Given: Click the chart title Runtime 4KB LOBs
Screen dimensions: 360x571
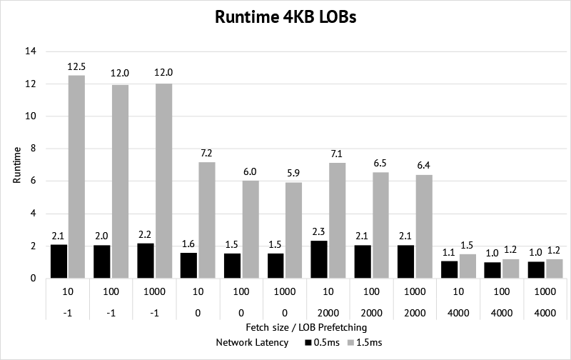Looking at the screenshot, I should [x=285, y=18].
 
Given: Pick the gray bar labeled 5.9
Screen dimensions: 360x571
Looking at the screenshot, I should [x=294, y=230].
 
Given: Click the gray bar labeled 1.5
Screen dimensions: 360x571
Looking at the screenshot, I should [x=468, y=266].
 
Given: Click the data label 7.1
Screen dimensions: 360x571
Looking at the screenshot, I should [x=337, y=154].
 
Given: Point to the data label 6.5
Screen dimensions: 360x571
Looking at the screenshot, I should [x=380, y=164].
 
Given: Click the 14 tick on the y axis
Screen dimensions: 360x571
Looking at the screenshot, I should [x=30, y=51].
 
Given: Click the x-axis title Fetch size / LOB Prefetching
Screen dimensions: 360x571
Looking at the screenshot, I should [x=285, y=326].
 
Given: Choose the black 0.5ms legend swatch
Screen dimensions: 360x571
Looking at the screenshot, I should [x=308, y=343].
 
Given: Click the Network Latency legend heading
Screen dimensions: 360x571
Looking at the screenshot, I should [x=253, y=343].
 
